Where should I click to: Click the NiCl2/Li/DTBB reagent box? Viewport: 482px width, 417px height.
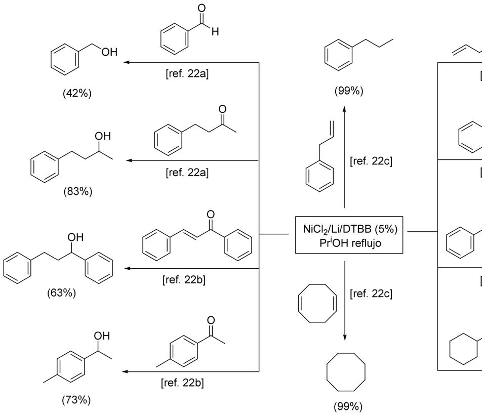click(x=346, y=234)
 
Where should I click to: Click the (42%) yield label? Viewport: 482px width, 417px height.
click(x=77, y=94)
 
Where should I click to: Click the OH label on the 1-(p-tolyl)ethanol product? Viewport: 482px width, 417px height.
click(x=102, y=336)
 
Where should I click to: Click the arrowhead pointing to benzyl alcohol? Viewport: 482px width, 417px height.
click(x=127, y=62)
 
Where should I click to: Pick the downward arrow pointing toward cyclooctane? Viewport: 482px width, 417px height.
click(x=345, y=304)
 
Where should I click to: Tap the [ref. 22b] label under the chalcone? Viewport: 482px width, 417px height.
click(x=184, y=280)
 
